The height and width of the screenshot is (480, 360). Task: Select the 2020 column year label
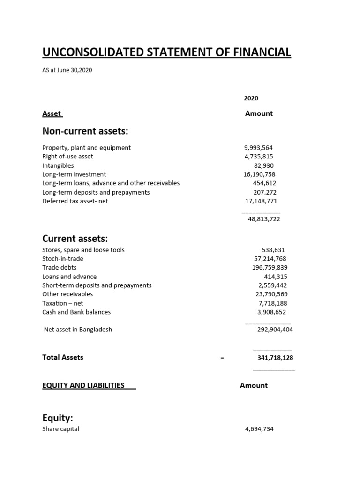pos(251,98)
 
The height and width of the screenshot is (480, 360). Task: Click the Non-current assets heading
pos(85,130)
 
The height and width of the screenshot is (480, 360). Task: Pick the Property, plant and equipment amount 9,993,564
pos(258,148)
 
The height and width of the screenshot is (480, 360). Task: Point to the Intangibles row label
pos(58,165)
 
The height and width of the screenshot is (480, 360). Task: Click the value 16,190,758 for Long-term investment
pos(257,174)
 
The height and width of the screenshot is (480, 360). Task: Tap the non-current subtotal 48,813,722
pos(264,219)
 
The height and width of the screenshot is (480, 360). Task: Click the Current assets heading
pos(75,239)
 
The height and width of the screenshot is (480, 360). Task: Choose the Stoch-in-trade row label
pos(63,259)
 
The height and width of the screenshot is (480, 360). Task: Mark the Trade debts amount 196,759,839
pos(270,268)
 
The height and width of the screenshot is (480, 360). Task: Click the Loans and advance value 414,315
pos(275,277)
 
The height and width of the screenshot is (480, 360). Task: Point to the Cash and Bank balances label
pos(76,312)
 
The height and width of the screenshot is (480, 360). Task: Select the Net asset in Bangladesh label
pos(78,330)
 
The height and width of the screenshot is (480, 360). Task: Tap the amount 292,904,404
pos(275,330)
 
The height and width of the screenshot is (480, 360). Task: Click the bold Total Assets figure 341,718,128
pos(276,358)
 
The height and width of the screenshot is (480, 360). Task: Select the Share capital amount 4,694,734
pos(259,429)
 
